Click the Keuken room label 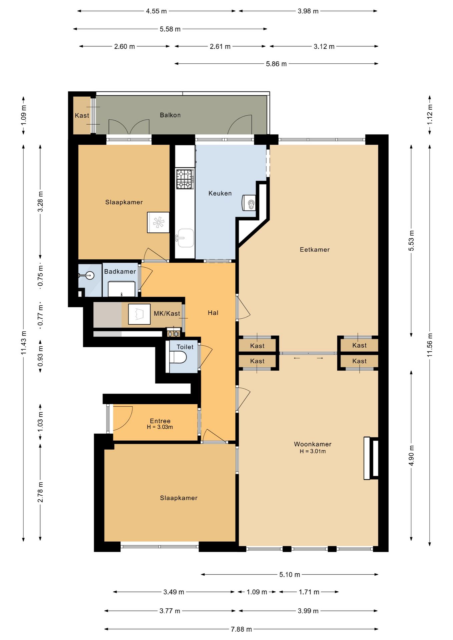[220, 193]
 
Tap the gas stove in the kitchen [185, 179]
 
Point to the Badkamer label [120, 272]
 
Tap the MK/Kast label [167, 314]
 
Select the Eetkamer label [315, 250]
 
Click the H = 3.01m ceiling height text [313, 451]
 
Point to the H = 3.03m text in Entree [160, 427]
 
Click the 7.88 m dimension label [241, 629]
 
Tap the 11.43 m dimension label [24, 343]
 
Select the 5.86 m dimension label [276, 64]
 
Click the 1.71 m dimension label [309, 592]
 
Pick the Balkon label [170, 115]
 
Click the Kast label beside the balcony [82, 116]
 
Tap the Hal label [213, 313]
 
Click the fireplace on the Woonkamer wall [371, 458]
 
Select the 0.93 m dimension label [40, 356]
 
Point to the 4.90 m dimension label [411, 456]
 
